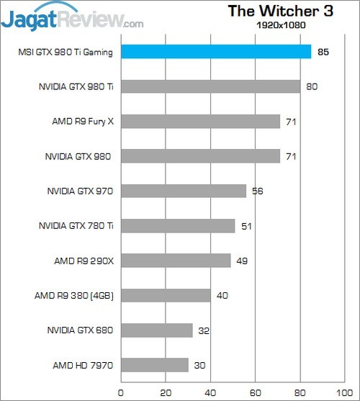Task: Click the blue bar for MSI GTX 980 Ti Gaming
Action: click(x=216, y=52)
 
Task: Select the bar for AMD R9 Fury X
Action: click(x=200, y=122)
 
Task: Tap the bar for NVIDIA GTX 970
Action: click(x=184, y=191)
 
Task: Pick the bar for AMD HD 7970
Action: click(x=154, y=365)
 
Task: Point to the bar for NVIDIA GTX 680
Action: click(x=156, y=330)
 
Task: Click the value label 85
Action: click(x=323, y=52)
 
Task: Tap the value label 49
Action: click(x=242, y=261)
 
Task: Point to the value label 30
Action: click(x=199, y=366)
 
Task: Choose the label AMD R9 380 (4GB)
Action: click(x=75, y=296)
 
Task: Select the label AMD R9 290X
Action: click(x=84, y=261)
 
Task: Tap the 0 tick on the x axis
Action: click(x=120, y=392)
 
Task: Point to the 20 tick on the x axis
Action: click(x=165, y=392)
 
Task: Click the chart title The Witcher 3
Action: click(x=275, y=11)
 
